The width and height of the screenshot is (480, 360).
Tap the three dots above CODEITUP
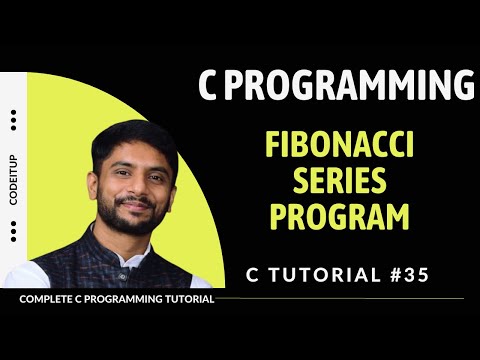[13, 121]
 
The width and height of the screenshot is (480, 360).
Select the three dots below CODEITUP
[13, 233]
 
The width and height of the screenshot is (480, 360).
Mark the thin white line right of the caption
[340, 298]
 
